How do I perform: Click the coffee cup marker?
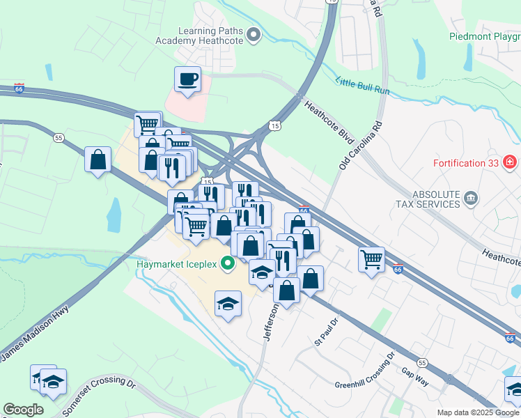click(187, 79)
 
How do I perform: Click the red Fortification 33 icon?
click(510, 162)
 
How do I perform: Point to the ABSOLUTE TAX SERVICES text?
click(428, 199)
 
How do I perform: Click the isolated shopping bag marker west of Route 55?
click(98, 160)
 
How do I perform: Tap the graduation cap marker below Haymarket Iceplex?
click(228, 304)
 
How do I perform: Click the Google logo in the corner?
click(23, 410)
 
